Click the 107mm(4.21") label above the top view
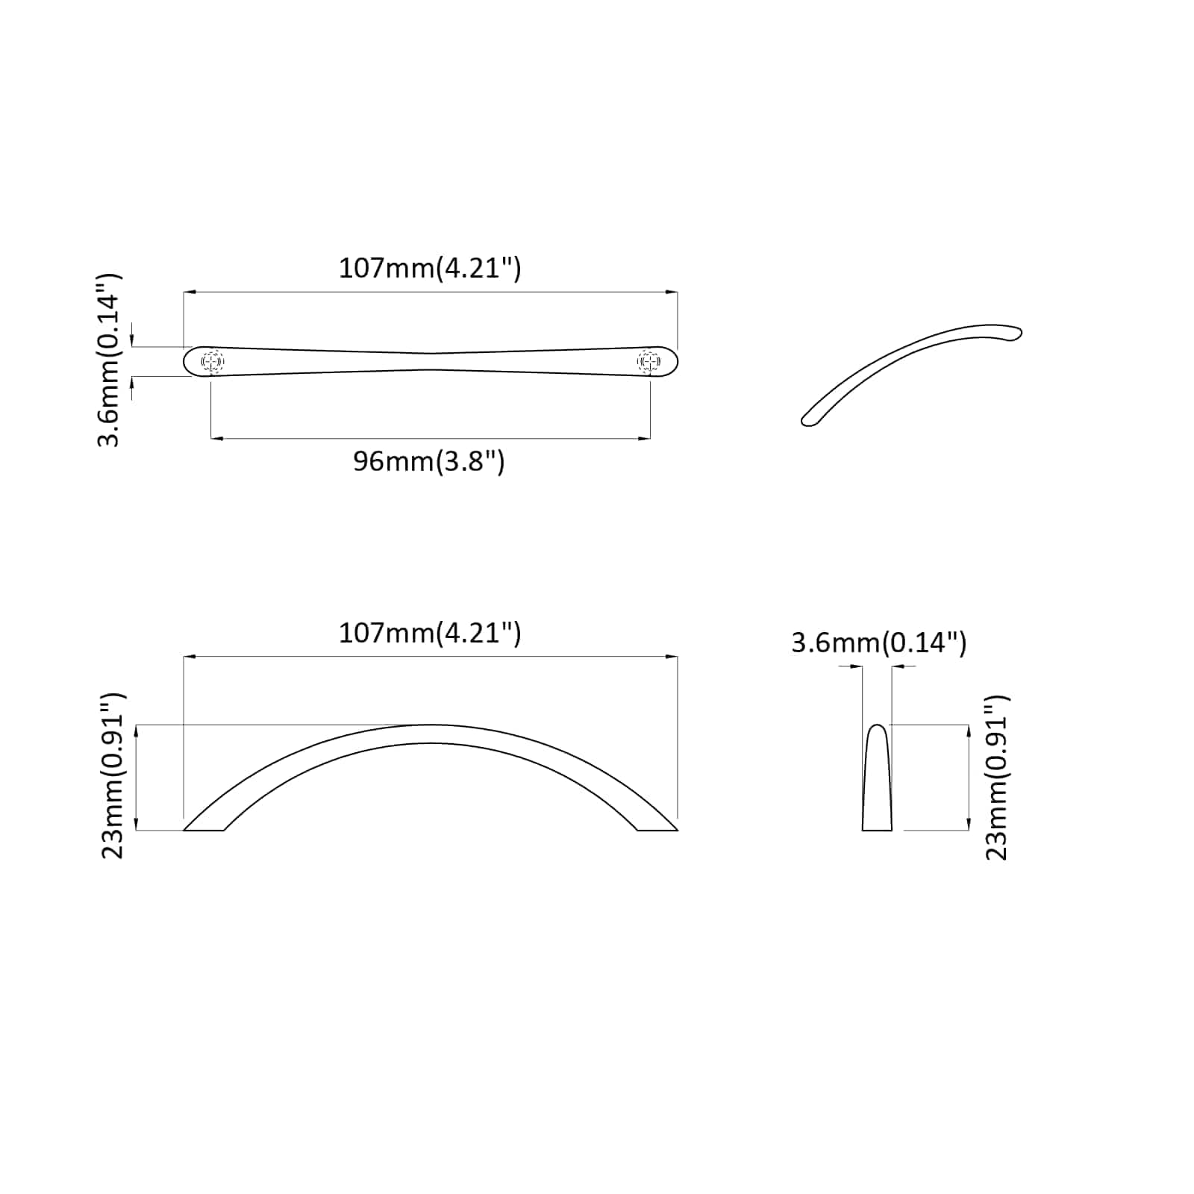coord(430,268)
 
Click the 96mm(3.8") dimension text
coord(429,462)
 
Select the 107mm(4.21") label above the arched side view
coord(430,634)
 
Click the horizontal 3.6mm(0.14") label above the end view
coord(878,643)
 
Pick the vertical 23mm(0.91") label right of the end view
coord(997,777)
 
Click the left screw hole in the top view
coord(212,362)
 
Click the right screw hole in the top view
coord(649,362)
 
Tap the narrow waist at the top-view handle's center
coord(431,361)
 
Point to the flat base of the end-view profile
coord(877,828)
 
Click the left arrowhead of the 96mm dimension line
coord(216,438)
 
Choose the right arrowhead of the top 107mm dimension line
coord(672,292)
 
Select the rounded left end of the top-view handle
coord(188,362)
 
